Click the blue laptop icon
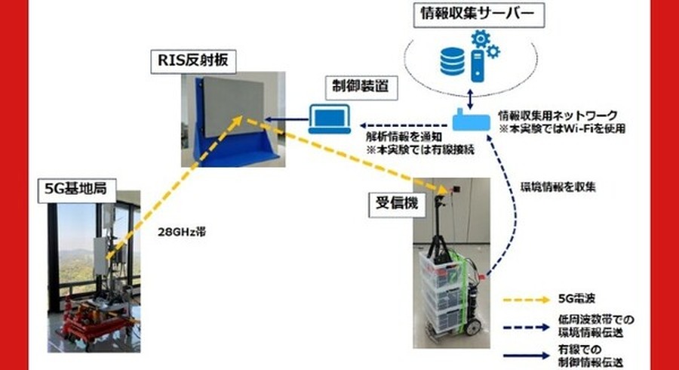329,119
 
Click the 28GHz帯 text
177,233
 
